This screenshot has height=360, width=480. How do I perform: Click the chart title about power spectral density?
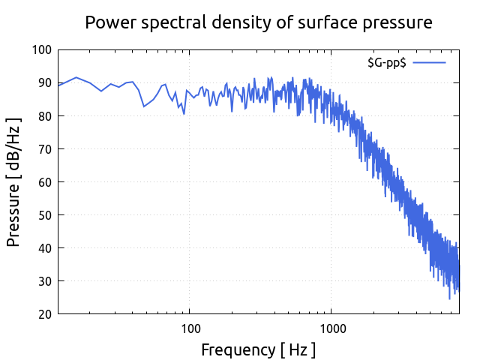click(x=258, y=22)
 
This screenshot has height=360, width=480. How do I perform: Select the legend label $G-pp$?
click(x=386, y=63)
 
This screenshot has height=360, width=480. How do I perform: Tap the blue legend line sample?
click(x=429, y=63)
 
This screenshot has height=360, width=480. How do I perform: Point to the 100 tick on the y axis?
click(x=42, y=50)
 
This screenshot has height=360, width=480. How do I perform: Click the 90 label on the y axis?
click(x=45, y=83)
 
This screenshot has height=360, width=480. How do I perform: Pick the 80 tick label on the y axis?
click(x=45, y=116)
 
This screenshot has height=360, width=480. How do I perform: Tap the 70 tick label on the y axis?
click(x=45, y=149)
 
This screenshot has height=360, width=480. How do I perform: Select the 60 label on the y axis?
click(x=45, y=182)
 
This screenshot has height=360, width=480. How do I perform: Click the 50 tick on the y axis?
click(x=45, y=215)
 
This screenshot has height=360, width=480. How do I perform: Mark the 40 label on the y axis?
click(x=45, y=248)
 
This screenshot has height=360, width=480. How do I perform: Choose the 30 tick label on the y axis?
click(x=45, y=281)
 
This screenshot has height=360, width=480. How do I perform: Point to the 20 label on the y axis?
click(x=45, y=314)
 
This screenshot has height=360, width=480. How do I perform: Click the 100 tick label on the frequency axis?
click(x=190, y=328)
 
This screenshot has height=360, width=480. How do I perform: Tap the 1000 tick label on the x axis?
click(x=332, y=328)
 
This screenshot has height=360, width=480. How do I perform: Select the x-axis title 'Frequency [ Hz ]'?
click(x=258, y=349)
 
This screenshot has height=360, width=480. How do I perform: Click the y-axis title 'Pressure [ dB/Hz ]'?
click(x=13, y=182)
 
